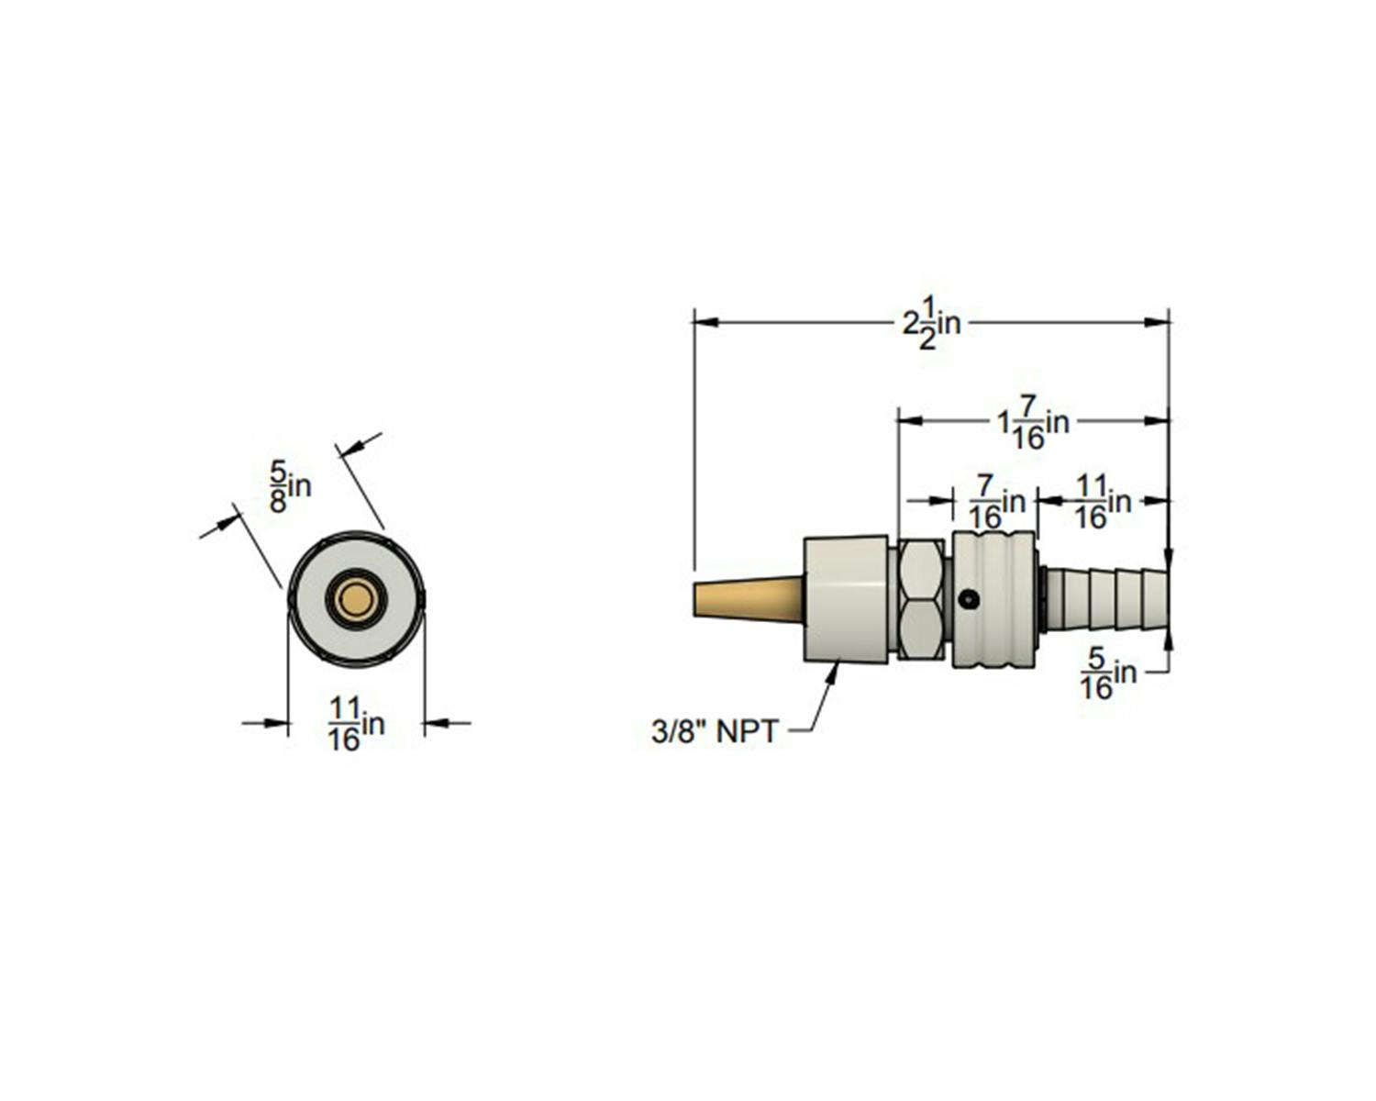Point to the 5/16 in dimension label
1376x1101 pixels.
1108,673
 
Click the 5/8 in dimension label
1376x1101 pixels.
290,487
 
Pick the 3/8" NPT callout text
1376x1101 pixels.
715,732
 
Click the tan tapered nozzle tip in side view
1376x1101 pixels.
749,599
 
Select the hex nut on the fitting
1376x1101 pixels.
921,599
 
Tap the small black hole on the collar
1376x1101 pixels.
971,600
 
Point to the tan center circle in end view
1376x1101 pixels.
356,600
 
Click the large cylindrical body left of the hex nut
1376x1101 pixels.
846,599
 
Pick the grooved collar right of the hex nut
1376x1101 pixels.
993,599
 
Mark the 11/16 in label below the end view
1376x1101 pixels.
356,724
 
